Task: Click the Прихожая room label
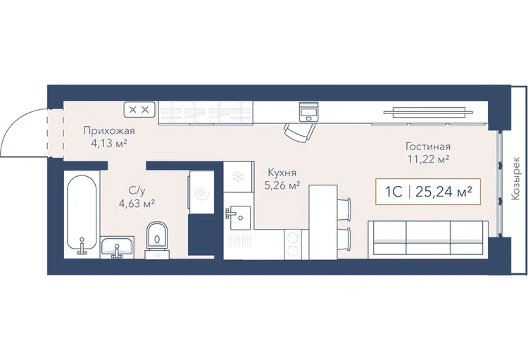pos(109,130)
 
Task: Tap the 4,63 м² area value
pos(137,204)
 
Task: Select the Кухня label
pos(282,173)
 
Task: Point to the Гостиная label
pos(428,147)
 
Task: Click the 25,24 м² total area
pos(443,192)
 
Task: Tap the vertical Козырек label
pos(515,178)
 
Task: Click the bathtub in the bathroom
pos(82,214)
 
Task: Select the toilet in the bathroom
pos(157,239)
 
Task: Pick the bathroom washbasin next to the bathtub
pos(118,247)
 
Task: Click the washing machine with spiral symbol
pos(201,192)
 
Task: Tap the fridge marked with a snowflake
pos(239,177)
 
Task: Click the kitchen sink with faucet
pos(238,218)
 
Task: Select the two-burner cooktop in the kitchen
pos(293,244)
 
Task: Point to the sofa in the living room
pos(428,240)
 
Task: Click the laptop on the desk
pos(309,111)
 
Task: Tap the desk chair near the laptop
pos(299,132)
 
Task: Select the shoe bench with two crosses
pos(140,110)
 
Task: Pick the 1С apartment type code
pos(394,192)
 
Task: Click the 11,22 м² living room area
pos(428,159)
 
